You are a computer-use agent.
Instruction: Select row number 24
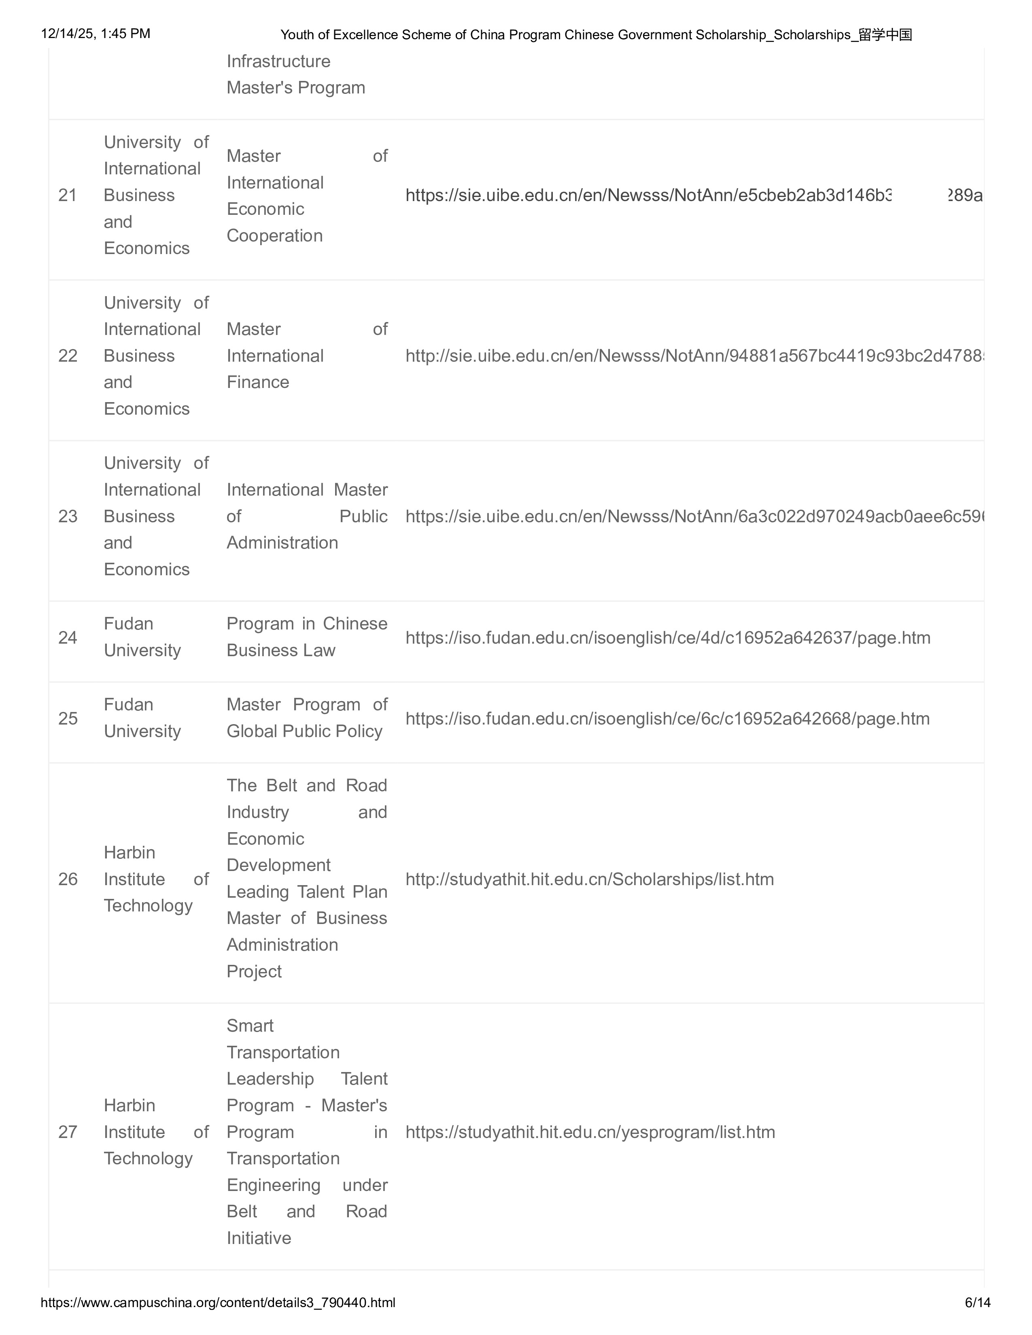pyautogui.click(x=67, y=638)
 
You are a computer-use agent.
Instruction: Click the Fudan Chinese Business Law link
pyautogui.click(x=668, y=638)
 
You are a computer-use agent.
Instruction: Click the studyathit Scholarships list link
pyautogui.click(x=589, y=879)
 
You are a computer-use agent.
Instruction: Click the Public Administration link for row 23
pyautogui.click(x=694, y=517)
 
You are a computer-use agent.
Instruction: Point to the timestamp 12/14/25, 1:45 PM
pyautogui.click(x=96, y=34)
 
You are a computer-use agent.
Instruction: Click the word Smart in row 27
pyautogui.click(x=250, y=1026)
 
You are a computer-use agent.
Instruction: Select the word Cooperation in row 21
pyautogui.click(x=274, y=236)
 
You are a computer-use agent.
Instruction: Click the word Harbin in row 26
pyautogui.click(x=129, y=853)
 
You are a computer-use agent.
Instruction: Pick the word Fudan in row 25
pyautogui.click(x=128, y=705)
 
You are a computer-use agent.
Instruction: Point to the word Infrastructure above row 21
pyautogui.click(x=278, y=61)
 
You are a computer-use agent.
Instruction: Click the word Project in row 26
pyautogui.click(x=254, y=971)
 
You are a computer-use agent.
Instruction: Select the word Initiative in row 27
pyautogui.click(x=259, y=1238)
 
